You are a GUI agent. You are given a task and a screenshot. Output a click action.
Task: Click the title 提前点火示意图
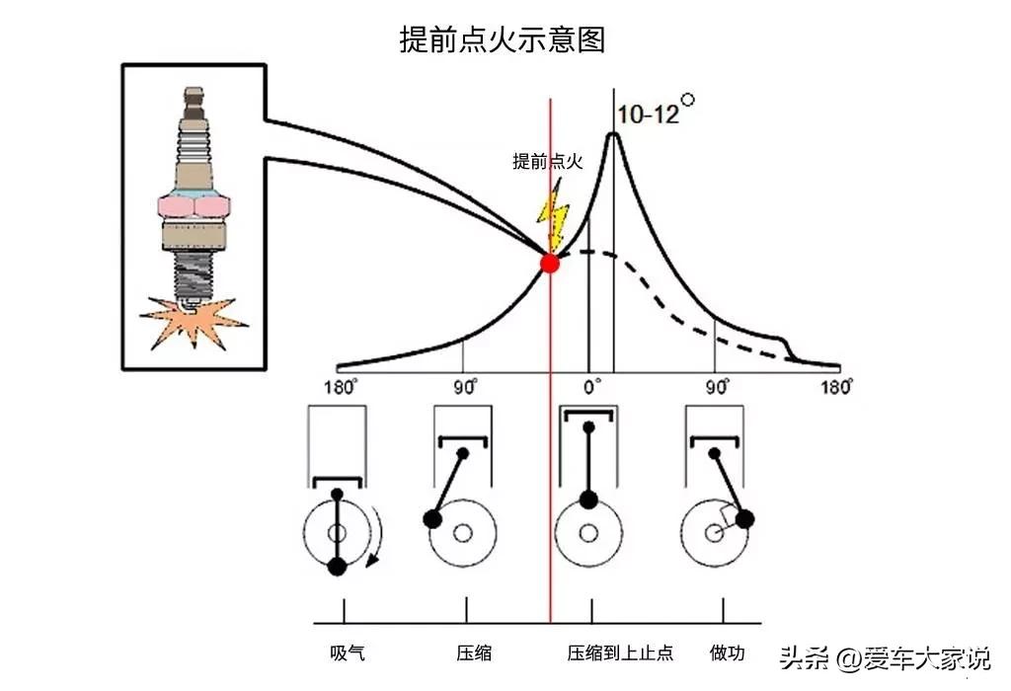pos(503,39)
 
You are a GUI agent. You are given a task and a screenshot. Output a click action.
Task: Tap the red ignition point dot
pos(549,263)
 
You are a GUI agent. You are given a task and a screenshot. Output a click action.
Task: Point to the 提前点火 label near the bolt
pos(547,161)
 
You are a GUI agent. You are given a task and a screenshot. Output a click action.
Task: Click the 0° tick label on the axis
pos(591,387)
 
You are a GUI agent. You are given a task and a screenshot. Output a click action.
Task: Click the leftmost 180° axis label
pos(340,387)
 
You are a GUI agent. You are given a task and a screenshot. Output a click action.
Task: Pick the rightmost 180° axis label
pos(836,387)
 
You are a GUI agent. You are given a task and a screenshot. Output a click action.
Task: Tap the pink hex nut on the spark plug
pos(194,207)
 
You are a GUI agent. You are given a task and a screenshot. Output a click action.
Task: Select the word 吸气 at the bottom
pos(347,653)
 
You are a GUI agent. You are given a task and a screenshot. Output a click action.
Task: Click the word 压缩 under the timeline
pos(474,653)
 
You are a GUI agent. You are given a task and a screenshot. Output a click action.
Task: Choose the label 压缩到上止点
pos(620,653)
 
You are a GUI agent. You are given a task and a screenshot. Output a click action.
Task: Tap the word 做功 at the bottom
pos(727,653)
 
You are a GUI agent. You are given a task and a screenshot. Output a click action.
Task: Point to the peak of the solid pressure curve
pos(613,133)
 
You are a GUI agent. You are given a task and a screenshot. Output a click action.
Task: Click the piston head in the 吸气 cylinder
pos(338,482)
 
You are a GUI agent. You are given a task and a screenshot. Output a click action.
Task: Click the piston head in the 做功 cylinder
pos(715,441)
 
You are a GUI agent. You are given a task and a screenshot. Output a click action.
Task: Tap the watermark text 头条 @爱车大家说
pos(885,657)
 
